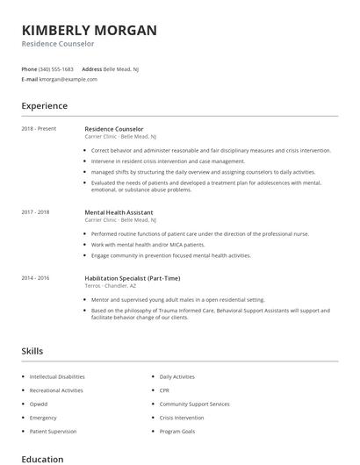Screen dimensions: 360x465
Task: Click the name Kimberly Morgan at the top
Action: (90, 30)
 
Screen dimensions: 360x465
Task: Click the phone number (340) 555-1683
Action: (57, 68)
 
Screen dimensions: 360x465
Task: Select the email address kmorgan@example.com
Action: (68, 79)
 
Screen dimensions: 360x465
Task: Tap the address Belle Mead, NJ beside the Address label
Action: (122, 68)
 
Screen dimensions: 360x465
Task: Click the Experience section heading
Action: (44, 106)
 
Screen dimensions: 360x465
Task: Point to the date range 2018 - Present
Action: (39, 129)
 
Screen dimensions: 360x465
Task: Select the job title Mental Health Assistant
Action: (119, 212)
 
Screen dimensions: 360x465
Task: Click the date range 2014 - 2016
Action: (36, 277)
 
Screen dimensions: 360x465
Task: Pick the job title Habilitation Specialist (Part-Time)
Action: (134, 277)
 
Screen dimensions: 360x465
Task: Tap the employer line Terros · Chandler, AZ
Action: (111, 285)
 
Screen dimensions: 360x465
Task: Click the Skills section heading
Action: (32, 351)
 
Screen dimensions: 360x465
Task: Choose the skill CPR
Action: (165, 390)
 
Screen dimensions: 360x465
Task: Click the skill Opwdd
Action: (40, 404)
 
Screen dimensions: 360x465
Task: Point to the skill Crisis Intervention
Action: (183, 418)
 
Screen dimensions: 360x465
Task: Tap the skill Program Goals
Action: (176, 432)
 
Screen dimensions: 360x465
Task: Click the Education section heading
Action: (42, 459)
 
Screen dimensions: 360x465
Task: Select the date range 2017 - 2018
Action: (36, 212)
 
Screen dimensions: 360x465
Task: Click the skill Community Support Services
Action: (194, 404)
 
